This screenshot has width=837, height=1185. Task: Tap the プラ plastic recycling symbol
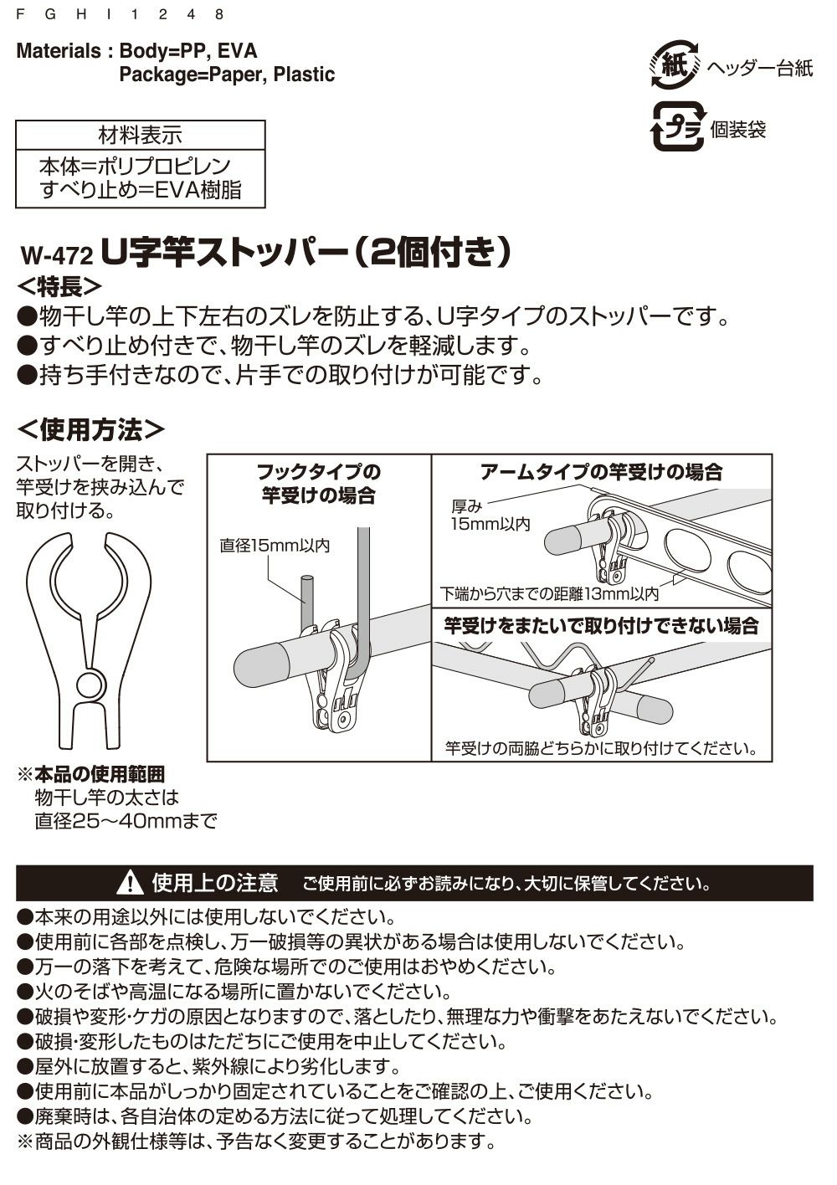(x=678, y=128)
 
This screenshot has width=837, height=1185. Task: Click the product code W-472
(x=56, y=253)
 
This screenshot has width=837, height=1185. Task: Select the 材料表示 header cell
(x=140, y=135)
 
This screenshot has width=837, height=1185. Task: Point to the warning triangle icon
(x=131, y=883)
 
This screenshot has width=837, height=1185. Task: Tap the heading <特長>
(x=59, y=286)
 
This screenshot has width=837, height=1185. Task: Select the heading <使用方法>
(x=91, y=429)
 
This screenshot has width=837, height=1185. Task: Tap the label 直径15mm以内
(x=275, y=546)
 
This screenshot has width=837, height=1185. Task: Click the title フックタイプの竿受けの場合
(x=318, y=483)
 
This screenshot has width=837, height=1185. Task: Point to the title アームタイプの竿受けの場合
(x=601, y=472)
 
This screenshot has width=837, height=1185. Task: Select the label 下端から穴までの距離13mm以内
(x=550, y=594)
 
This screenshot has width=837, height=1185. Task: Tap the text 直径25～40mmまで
(x=126, y=821)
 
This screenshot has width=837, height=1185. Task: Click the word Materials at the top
(x=58, y=51)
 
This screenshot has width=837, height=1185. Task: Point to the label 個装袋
(x=738, y=130)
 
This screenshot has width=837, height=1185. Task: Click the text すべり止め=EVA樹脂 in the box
(x=141, y=190)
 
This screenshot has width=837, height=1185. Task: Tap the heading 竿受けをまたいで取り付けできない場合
(x=601, y=625)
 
